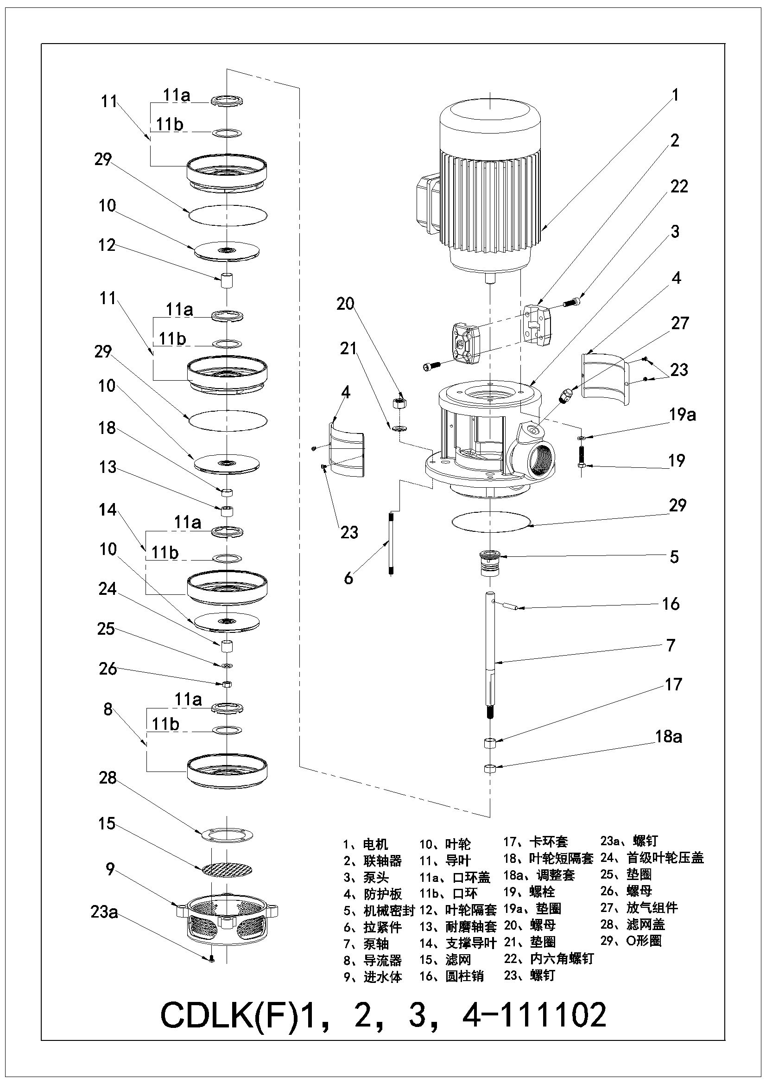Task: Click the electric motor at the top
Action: [x=490, y=189]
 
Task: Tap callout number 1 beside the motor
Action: [x=675, y=96]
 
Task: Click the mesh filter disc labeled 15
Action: [x=227, y=869]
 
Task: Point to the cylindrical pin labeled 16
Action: [x=511, y=606]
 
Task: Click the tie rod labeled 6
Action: [x=391, y=544]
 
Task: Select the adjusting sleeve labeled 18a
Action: [x=490, y=769]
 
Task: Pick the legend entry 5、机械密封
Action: [x=379, y=911]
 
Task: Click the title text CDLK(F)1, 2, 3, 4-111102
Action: [x=383, y=1016]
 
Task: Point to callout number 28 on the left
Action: [x=108, y=778]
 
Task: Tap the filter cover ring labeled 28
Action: [x=227, y=835]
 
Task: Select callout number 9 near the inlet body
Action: [x=110, y=869]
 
